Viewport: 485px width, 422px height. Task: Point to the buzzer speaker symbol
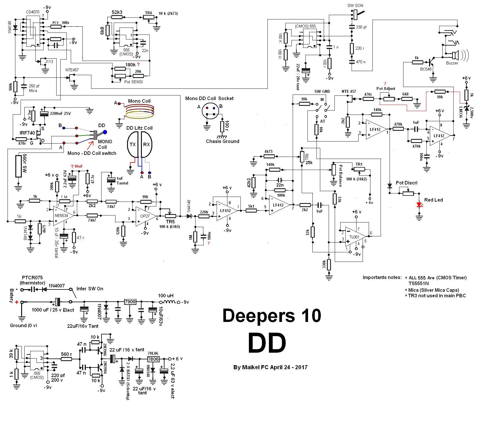(x=455, y=55)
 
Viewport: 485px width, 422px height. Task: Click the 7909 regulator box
(x=130, y=302)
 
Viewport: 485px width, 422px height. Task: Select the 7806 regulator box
(x=153, y=359)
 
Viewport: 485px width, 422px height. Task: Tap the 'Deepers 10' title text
(x=272, y=316)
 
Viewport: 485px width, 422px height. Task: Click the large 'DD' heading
(x=267, y=343)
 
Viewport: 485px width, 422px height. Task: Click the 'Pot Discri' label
(x=407, y=183)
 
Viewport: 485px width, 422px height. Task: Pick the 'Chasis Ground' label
(x=222, y=142)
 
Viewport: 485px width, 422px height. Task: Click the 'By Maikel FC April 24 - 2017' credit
(x=270, y=367)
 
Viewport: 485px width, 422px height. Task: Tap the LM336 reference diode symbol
(x=466, y=108)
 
